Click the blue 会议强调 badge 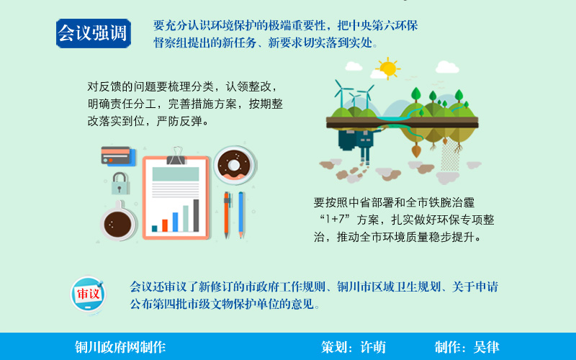pos(94,33)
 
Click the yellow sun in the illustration pos(388,68)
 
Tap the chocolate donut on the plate pos(233,165)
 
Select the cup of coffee pos(118,222)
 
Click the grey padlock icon pos(120,184)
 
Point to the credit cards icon pos(118,156)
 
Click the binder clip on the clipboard pos(176,156)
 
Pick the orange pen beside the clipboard pos(227,215)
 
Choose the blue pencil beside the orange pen pos(241,215)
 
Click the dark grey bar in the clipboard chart pos(196,215)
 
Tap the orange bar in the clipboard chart pos(165,225)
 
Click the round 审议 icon pos(88,294)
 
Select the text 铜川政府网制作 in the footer pos(120,347)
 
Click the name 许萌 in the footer pos(373,347)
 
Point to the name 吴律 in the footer pos(487,347)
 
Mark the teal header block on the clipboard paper pos(176,174)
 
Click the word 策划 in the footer pos(333,347)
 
